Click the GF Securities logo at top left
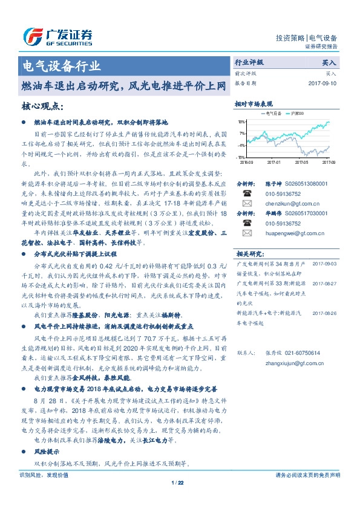[57, 36]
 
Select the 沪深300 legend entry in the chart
[296, 113]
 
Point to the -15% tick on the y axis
[241, 157]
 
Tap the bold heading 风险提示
[46, 452]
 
